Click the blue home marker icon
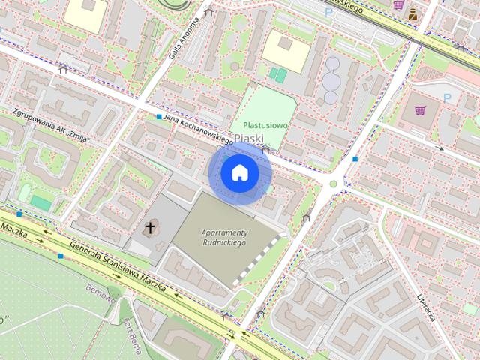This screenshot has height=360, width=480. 240,173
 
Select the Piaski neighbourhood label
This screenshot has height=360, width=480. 248,139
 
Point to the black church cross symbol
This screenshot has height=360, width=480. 150,227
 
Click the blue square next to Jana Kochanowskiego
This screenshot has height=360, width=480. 159,117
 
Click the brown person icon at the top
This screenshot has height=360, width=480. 413,13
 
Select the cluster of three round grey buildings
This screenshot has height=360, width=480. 331,79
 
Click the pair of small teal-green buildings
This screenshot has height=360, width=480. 277,75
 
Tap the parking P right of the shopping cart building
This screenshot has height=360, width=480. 448,97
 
